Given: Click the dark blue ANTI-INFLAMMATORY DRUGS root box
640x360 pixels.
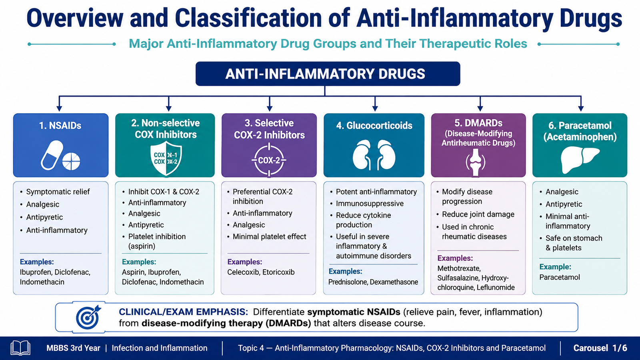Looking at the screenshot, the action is [328, 74].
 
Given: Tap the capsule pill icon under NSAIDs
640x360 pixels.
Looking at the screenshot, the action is [52, 156].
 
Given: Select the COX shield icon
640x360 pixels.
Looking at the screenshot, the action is [166, 160].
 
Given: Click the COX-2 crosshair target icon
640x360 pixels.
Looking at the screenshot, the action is [269, 160].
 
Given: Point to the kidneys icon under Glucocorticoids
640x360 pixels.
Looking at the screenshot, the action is [374, 155].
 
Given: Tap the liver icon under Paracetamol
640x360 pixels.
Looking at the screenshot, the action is [580, 160].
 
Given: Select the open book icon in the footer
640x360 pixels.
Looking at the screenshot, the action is [20, 348].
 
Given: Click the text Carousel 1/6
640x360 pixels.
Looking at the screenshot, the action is [600, 348].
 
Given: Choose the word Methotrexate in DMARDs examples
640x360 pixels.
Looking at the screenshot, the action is [459, 268].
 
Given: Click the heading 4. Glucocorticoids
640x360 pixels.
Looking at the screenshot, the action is [374, 126].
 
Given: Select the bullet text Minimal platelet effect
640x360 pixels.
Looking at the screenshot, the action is [269, 236].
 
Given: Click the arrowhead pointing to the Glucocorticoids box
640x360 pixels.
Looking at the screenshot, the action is [375, 108].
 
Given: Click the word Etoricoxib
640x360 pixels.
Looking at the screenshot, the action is [278, 272].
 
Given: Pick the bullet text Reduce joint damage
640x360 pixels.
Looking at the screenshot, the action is [478, 214].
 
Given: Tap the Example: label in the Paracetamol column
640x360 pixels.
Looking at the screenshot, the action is [555, 267].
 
